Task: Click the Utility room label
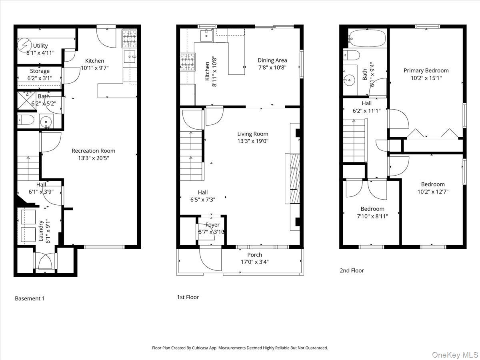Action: [40, 46]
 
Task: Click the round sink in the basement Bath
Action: [46, 120]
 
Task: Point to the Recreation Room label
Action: [93, 151]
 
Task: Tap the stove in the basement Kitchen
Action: [129, 39]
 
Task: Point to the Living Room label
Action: [252, 134]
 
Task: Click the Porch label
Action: [254, 255]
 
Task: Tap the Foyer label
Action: [212, 225]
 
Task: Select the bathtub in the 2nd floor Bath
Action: [367, 38]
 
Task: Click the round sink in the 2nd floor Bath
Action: [350, 80]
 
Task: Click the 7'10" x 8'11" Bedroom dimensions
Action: [372, 216]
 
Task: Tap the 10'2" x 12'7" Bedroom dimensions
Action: [432, 192]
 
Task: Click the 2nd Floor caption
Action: [352, 270]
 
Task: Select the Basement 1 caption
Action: [30, 298]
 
